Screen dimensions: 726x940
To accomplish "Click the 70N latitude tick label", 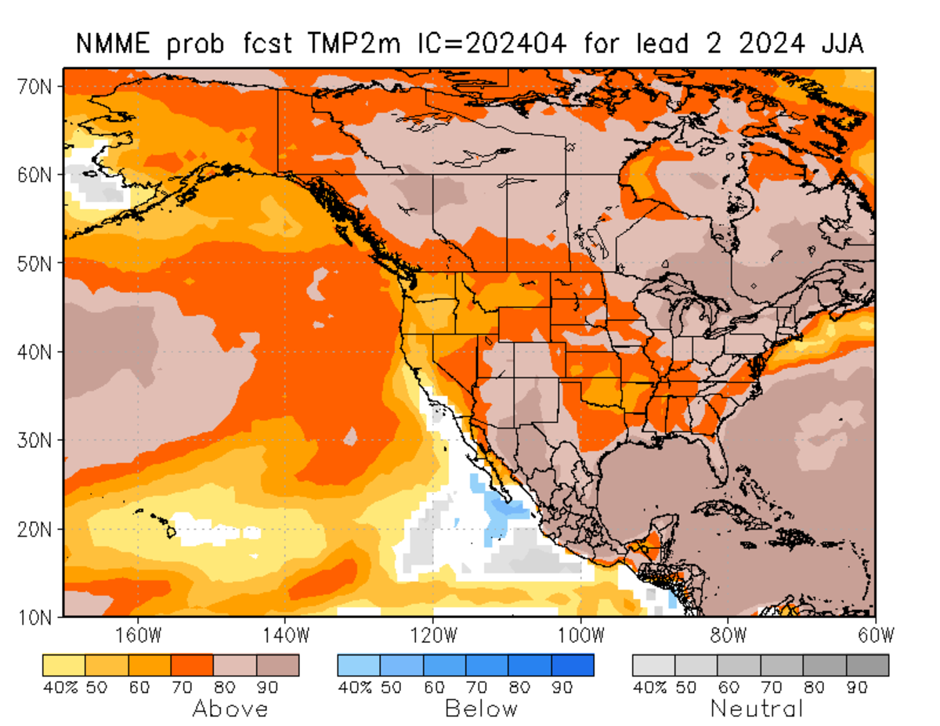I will pyautogui.click(x=34, y=86).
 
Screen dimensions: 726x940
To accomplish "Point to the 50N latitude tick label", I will pyautogui.click(x=34, y=263).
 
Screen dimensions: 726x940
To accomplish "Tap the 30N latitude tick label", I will pyautogui.click(x=34, y=440).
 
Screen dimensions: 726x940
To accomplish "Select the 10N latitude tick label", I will pyautogui.click(x=34, y=616).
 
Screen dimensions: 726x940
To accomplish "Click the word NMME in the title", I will pyautogui.click(x=110, y=43).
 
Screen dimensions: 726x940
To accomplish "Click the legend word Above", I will pyautogui.click(x=230, y=710).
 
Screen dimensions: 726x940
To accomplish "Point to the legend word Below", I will pyautogui.click(x=481, y=710).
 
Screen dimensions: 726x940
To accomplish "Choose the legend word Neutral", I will pyautogui.click(x=757, y=710).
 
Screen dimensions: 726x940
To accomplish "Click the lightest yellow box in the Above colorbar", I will pyautogui.click(x=63, y=665).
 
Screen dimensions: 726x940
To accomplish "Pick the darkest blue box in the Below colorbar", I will pyautogui.click(x=573, y=665).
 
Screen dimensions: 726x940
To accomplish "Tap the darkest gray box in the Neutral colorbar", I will pyautogui.click(x=868, y=665).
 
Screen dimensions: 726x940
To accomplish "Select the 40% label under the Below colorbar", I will pyautogui.click(x=353, y=688).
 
